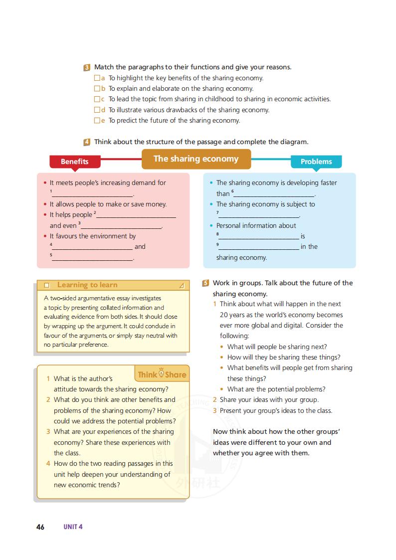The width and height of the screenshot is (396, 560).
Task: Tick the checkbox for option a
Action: (97, 78)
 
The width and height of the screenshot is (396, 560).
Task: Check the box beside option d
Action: (97, 110)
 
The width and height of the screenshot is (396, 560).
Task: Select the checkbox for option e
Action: (97, 121)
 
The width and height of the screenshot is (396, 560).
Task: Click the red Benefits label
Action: (75, 162)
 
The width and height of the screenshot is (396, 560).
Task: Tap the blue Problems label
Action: (316, 162)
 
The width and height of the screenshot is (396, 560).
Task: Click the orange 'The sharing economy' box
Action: (196, 159)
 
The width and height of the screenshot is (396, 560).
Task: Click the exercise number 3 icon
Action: (87, 67)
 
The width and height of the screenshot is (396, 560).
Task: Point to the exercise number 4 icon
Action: (87, 142)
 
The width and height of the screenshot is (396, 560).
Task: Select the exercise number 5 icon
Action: (205, 283)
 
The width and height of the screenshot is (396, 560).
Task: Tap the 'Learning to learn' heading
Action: (87, 285)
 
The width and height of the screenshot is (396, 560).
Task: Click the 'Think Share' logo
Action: (162, 374)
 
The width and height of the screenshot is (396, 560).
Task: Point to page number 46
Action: (40, 527)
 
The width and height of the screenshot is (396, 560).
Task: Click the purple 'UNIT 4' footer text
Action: (73, 527)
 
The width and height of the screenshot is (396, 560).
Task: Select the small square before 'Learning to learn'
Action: (47, 286)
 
